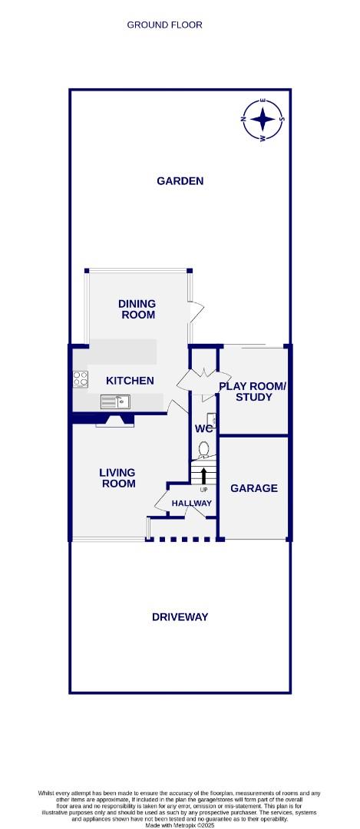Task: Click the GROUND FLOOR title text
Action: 164,25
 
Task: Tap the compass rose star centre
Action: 263,120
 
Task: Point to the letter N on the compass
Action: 243,120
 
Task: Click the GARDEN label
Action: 180,181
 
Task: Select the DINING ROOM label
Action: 137,309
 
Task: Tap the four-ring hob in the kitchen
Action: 80,378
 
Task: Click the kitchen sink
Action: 114,401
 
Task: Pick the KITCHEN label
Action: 130,381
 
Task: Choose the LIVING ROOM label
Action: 117,478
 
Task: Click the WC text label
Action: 203,429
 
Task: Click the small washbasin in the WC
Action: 214,420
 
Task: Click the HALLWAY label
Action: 191,504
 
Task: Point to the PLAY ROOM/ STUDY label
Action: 252,391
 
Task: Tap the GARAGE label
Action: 254,488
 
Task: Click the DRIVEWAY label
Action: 180,617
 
